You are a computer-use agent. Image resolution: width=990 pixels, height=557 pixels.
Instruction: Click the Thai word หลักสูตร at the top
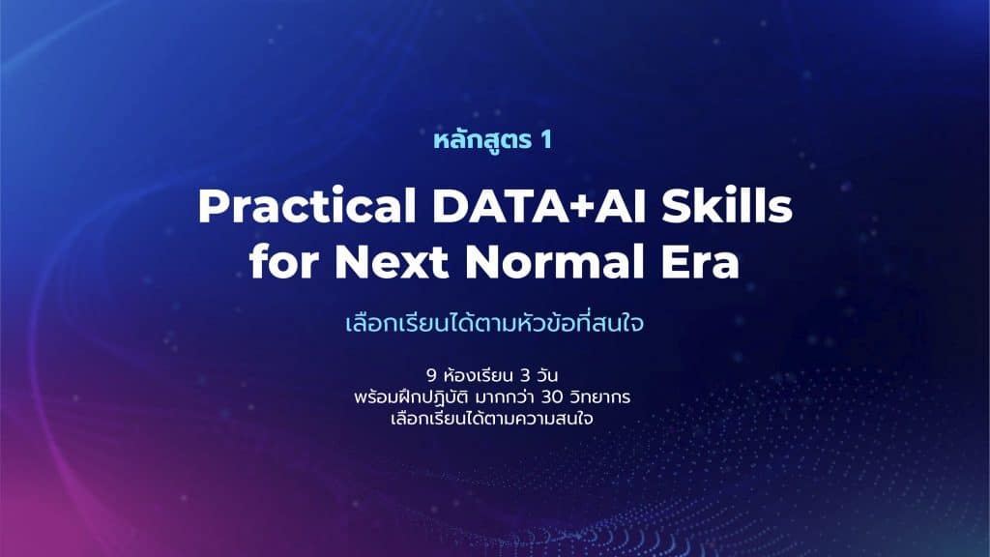click(x=483, y=139)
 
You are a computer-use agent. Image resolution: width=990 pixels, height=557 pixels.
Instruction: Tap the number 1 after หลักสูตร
click(x=545, y=139)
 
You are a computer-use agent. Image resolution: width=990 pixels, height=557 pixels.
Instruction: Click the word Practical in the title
click(x=306, y=207)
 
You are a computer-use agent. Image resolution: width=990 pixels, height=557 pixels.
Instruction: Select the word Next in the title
click(x=392, y=261)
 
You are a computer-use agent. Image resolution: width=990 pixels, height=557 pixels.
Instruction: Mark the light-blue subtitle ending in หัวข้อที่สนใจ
click(x=494, y=323)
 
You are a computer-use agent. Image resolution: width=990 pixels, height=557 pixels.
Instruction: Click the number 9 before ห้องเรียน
click(x=431, y=376)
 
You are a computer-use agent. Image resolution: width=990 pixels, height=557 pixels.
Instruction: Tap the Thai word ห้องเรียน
click(x=478, y=376)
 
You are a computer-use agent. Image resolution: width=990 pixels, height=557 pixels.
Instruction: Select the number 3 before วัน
click(x=525, y=376)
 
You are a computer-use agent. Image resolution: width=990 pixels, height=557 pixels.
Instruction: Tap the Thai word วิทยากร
click(x=599, y=397)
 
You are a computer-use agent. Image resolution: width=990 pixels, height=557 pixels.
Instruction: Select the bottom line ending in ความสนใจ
click(x=492, y=419)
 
